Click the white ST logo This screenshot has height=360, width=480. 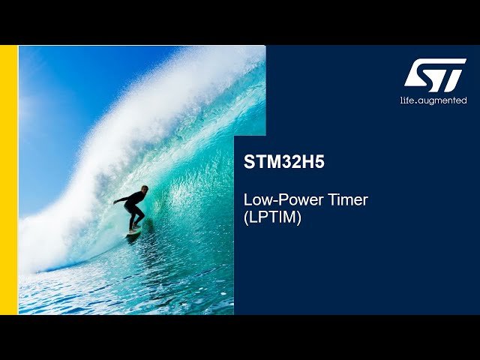click(x=435, y=75)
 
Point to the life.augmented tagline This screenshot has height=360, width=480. click(x=433, y=100)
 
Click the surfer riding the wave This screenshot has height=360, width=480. click(x=133, y=208)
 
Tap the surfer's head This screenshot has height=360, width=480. click(x=143, y=189)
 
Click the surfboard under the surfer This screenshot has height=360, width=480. click(x=134, y=232)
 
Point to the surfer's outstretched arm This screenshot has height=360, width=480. click(x=120, y=200)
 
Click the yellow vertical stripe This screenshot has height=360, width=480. click(x=8, y=180)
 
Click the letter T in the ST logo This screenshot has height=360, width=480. click(x=450, y=75)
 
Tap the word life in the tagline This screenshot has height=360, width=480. click(x=407, y=100)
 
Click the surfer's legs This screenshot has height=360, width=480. click(x=133, y=219)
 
